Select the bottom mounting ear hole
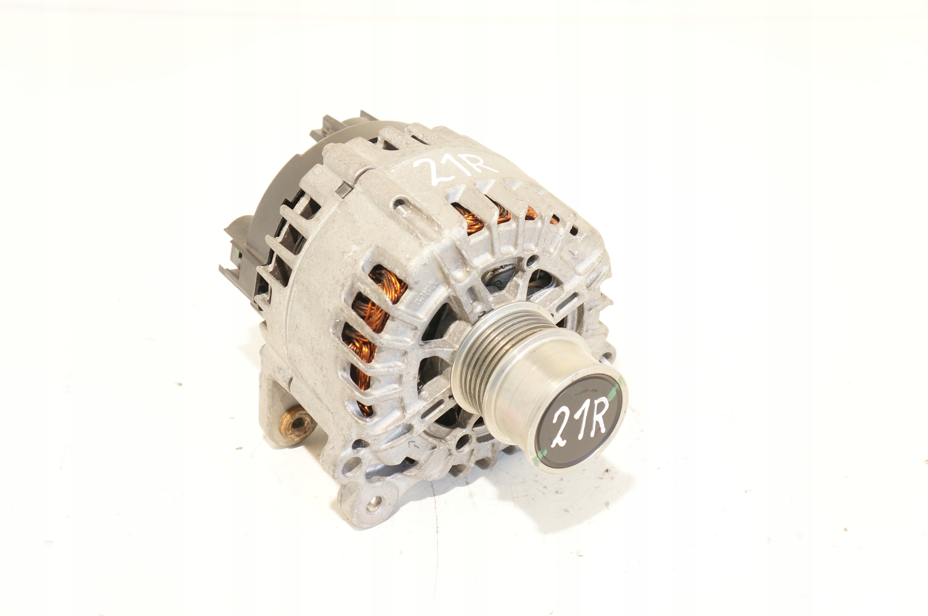(374, 502)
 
